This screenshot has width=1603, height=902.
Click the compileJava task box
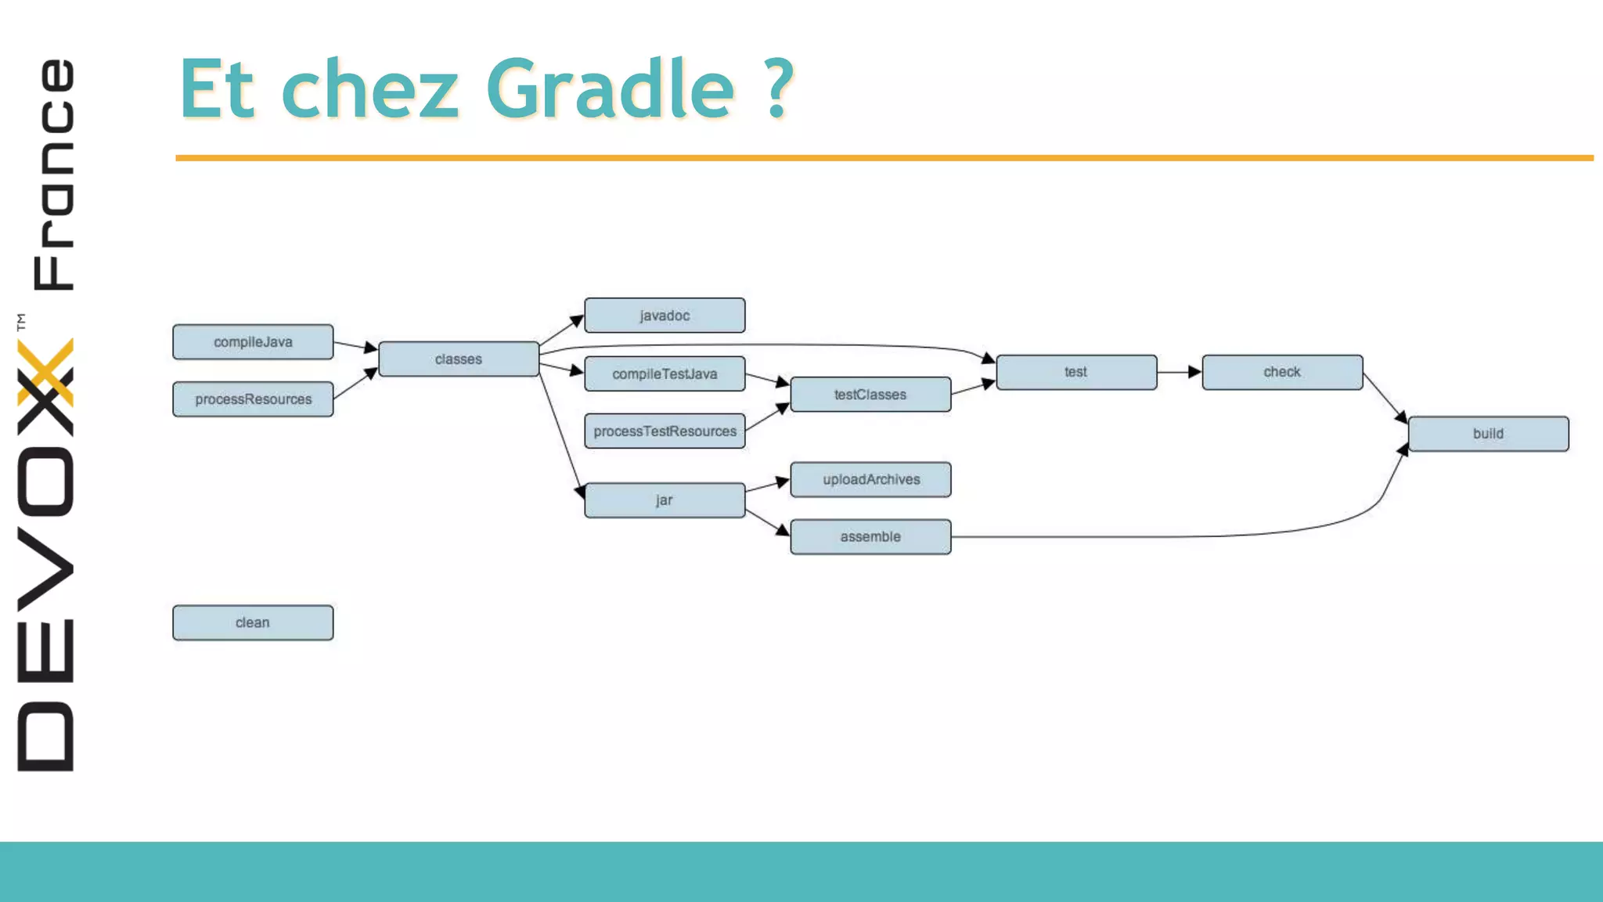[253, 342]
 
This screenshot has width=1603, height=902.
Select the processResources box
[253, 399]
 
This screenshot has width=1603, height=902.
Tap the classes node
[459, 359]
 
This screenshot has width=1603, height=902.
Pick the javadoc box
[665, 316]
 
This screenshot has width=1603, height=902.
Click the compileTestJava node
[665, 374]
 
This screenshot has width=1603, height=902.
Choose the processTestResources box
[665, 431]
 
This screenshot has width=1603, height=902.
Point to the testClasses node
[870, 395]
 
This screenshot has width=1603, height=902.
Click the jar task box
[665, 500]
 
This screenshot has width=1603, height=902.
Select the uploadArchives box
[870, 480]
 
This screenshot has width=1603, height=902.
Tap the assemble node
[870, 537]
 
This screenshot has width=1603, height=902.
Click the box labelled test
[1076, 373]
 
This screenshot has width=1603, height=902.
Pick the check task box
[1282, 373]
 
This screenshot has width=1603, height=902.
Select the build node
[1488, 434]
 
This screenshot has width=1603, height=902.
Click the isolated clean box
[253, 623]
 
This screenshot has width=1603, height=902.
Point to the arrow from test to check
[1179, 372]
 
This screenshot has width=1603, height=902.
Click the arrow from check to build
[1385, 399]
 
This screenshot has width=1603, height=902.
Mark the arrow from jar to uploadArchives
[767, 486]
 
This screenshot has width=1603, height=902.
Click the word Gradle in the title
[610, 90]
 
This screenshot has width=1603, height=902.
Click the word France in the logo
[53, 174]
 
